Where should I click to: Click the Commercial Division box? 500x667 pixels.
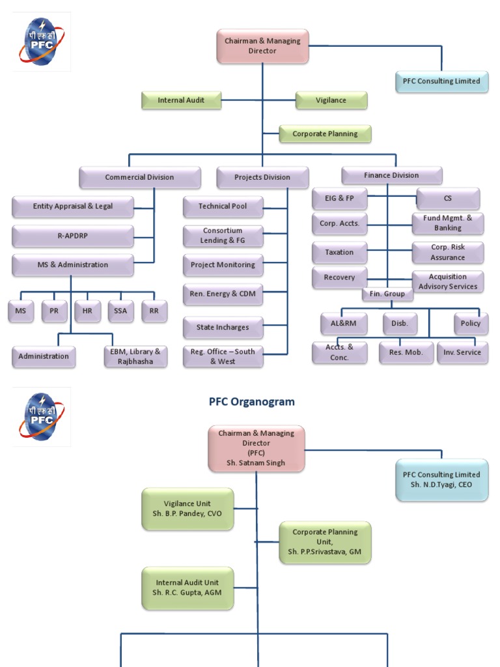pyautogui.click(x=139, y=177)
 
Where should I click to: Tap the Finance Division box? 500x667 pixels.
pyautogui.click(x=391, y=175)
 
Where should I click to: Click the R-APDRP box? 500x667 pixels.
pyautogui.click(x=73, y=236)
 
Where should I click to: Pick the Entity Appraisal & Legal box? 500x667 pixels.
pyautogui.click(x=73, y=206)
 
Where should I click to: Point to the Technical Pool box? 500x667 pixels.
pyautogui.click(x=223, y=206)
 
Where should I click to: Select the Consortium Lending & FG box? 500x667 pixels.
pyautogui.click(x=223, y=236)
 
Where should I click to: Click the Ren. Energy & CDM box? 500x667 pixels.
pyautogui.click(x=223, y=294)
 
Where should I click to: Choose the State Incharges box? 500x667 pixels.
pyautogui.click(x=223, y=327)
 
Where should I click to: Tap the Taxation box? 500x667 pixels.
pyautogui.click(x=339, y=252)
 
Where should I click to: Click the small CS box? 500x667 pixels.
pyautogui.click(x=448, y=198)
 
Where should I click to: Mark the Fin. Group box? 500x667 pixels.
pyautogui.click(x=387, y=294)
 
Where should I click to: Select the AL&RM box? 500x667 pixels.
pyautogui.click(x=344, y=323)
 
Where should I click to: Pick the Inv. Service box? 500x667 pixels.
pyautogui.click(x=462, y=352)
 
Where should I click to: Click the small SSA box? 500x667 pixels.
pyautogui.click(x=120, y=311)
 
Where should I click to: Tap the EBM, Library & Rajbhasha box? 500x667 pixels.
pyautogui.click(x=135, y=356)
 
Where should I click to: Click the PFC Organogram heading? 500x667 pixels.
pyautogui.click(x=251, y=402)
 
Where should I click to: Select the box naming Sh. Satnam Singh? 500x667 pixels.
pyautogui.click(x=256, y=448)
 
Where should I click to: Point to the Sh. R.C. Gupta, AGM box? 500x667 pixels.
pyautogui.click(x=187, y=588)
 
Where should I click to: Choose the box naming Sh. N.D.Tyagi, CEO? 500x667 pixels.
pyautogui.click(x=441, y=480)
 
